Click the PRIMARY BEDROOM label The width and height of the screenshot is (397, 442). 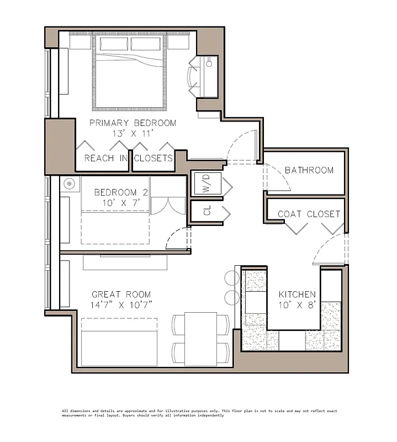tap(133, 123)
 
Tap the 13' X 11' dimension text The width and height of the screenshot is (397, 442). tap(133, 133)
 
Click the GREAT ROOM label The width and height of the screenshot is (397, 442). tap(121, 294)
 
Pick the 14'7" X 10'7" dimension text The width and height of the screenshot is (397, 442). tap(121, 305)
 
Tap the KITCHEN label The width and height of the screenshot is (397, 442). tap(297, 294)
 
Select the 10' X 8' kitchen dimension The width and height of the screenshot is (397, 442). tap(297, 305)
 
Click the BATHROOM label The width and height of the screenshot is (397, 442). tap(309, 170)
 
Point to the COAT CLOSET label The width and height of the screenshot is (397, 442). tap(309, 214)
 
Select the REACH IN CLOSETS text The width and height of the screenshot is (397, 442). tap(128, 158)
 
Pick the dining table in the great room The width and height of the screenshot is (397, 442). tap(200, 339)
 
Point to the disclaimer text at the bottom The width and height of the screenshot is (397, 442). tap(199, 413)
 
